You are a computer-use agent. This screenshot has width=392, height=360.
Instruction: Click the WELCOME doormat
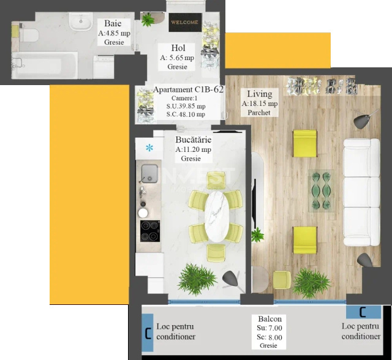click(184, 22)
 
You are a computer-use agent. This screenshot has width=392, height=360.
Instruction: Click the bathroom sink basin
click(80, 23)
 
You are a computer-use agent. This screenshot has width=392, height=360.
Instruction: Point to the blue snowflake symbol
click(149, 147)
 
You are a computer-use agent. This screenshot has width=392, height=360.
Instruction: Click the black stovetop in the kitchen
click(149, 231)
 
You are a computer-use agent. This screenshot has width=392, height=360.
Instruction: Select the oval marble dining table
click(216, 216)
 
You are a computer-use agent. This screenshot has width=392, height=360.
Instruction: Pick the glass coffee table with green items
click(322, 190)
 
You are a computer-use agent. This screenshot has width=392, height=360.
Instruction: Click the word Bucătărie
click(193, 140)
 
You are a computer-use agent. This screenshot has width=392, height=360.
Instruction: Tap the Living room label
click(259, 94)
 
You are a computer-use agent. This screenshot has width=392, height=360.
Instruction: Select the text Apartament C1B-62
click(188, 89)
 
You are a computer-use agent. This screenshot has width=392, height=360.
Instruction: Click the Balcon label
click(270, 319)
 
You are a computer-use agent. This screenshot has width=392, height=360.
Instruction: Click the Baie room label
click(113, 24)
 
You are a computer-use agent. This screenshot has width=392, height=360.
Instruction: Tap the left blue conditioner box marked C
click(148, 334)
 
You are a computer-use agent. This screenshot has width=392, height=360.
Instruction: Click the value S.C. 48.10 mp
click(186, 114)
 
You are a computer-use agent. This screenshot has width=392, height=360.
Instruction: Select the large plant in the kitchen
click(197, 279)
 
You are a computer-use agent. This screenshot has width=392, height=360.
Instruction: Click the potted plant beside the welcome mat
click(148, 20)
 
